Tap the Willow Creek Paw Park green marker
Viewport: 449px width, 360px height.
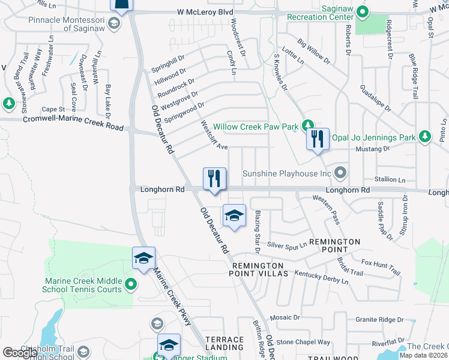point(307,125)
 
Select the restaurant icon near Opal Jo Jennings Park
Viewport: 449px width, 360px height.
point(318,140)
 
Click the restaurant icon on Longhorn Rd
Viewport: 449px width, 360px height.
point(214,178)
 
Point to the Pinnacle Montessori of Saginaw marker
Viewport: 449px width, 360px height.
point(115,23)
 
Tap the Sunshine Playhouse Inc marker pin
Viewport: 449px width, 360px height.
point(340,173)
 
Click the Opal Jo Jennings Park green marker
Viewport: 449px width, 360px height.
point(424,137)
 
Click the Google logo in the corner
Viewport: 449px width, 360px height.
point(20,352)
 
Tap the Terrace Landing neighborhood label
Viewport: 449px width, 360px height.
point(224,343)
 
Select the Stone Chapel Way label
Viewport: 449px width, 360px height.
point(304,342)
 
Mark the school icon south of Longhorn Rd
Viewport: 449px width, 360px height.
point(234,216)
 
